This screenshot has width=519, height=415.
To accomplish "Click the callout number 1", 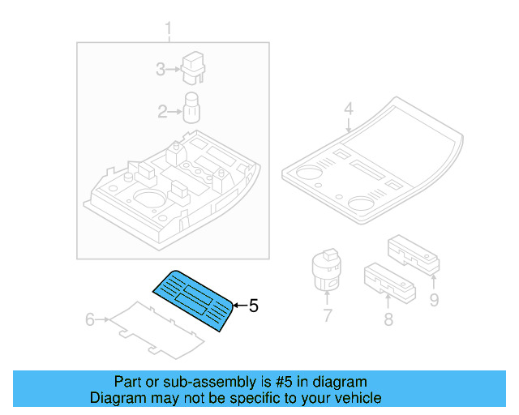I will click(169, 32).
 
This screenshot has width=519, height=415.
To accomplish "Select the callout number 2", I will click(162, 110).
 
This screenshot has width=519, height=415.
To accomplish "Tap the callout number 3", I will click(161, 70).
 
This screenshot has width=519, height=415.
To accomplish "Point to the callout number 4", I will click(348, 109).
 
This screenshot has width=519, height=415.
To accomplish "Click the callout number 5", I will click(253, 306).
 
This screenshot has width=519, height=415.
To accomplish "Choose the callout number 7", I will click(327, 315).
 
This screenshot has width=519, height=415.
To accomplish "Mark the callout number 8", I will click(388, 319).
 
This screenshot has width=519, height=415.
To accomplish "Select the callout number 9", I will click(434, 302).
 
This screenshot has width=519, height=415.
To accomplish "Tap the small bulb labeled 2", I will click(192, 108).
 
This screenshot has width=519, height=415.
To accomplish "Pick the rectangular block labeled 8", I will click(389, 280).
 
